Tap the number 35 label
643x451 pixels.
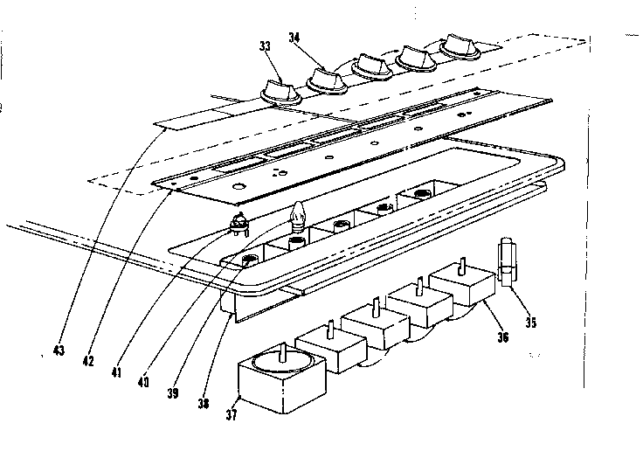coord(531,321)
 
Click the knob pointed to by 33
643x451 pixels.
coord(280,90)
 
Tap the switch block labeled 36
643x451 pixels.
coord(464,285)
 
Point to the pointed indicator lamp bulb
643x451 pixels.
coord(298,214)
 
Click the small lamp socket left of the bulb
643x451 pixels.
coord(239,227)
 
